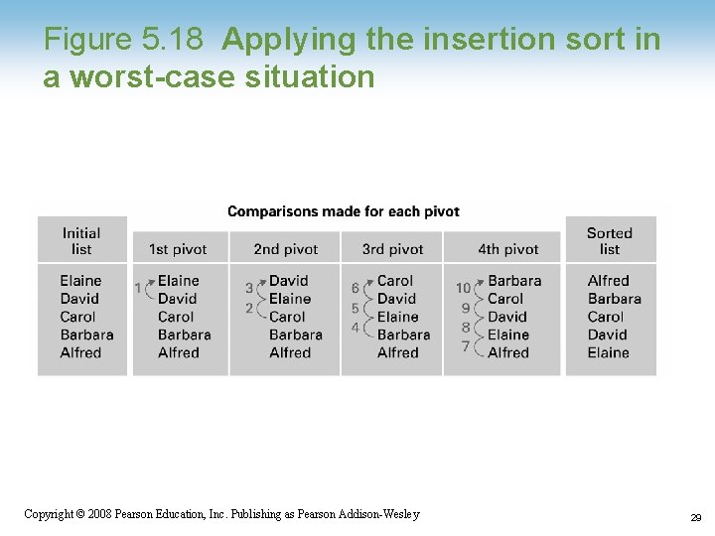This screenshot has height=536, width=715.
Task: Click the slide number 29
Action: click(x=695, y=517)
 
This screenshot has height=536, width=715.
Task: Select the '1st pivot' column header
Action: click(x=177, y=249)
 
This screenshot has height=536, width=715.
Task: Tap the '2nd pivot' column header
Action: click(x=285, y=249)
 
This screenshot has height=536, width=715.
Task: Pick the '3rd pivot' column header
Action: click(x=392, y=249)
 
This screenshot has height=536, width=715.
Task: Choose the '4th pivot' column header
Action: click(x=507, y=249)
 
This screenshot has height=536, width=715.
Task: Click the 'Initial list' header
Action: click(x=81, y=240)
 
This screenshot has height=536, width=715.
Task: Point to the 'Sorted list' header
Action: click(x=609, y=240)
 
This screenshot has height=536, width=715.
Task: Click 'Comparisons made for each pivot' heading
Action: click(x=344, y=211)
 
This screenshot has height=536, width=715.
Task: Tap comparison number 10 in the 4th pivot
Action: click(x=463, y=288)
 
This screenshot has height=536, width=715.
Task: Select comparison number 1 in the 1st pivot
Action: click(x=138, y=288)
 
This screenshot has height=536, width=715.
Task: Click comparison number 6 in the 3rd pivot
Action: click(x=356, y=288)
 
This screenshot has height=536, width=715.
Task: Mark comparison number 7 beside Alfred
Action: click(x=465, y=346)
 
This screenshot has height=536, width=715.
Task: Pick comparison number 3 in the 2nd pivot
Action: click(x=249, y=288)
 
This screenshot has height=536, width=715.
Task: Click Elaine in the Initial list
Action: click(x=80, y=281)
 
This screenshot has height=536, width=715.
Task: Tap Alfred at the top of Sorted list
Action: click(x=608, y=281)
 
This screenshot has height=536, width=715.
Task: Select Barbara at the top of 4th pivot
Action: click(x=514, y=281)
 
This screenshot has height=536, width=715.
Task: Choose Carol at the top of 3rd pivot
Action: click(x=395, y=281)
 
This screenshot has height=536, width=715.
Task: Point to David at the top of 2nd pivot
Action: click(x=289, y=281)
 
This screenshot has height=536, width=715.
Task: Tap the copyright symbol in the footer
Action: click(x=81, y=514)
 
